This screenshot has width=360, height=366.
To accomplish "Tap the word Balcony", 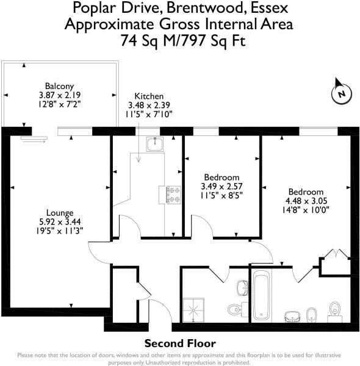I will [x=59, y=86].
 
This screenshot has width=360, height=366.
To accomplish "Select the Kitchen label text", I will [x=149, y=96].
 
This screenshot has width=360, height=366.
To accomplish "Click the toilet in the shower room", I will [x=236, y=307].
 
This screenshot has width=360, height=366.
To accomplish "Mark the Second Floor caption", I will [x=179, y=343].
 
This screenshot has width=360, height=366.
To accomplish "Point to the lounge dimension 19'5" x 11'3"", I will [x=59, y=230].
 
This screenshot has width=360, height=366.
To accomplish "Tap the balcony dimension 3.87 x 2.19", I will [x=59, y=95].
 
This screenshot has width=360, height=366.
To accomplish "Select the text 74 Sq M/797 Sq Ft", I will [x=179, y=41].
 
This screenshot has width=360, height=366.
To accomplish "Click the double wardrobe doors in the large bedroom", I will [x=336, y=256].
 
